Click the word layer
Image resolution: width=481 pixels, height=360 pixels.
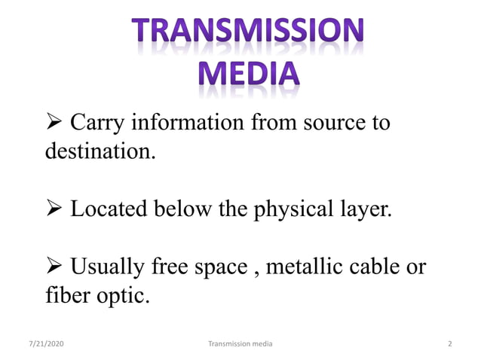coord(367,209)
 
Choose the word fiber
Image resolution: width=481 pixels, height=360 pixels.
coord(63,294)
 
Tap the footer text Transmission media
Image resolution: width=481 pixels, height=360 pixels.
coord(240,343)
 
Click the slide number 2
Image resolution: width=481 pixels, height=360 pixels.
coord(449,343)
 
